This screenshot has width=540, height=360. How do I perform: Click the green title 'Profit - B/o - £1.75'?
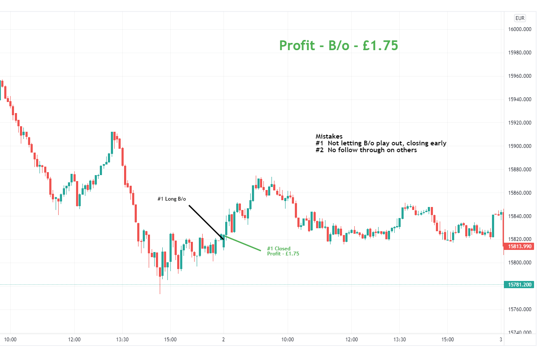(x=339, y=45)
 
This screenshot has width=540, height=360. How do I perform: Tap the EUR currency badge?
(x=520, y=18)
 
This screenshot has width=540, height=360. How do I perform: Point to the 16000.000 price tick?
(x=520, y=29)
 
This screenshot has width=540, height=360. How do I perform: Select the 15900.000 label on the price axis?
(x=520, y=146)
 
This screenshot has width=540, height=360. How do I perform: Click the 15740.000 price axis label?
(x=520, y=333)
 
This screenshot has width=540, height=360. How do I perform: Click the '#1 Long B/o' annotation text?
(x=172, y=199)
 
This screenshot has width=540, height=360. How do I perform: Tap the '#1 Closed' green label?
(x=279, y=249)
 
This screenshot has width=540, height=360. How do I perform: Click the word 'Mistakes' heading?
(x=329, y=136)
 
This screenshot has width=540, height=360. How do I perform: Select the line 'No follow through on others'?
(x=372, y=150)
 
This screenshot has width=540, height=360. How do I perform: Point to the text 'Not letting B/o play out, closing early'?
(x=387, y=143)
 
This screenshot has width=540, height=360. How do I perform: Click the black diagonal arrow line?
(x=206, y=222)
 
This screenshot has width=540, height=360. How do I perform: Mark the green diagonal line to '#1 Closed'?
(x=242, y=243)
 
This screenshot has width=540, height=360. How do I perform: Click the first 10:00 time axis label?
(x=10, y=340)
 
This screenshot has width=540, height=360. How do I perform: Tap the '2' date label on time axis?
(x=223, y=340)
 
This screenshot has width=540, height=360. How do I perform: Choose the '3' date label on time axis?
(x=501, y=340)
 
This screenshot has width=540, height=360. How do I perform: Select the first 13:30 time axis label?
(x=122, y=340)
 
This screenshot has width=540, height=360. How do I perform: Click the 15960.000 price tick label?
(x=520, y=76)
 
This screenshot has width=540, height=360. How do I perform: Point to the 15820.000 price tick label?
(x=520, y=239)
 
